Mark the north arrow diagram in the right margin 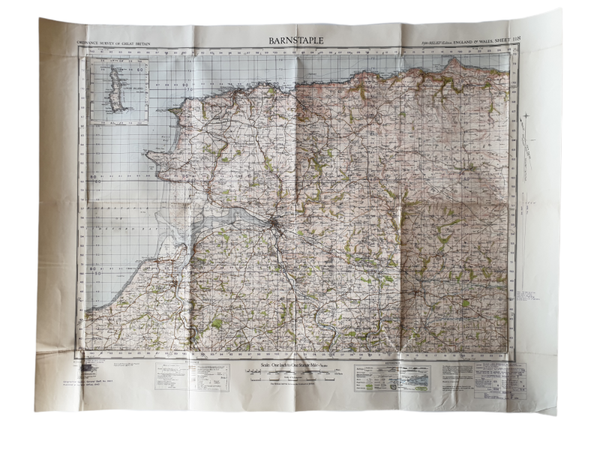521,160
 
